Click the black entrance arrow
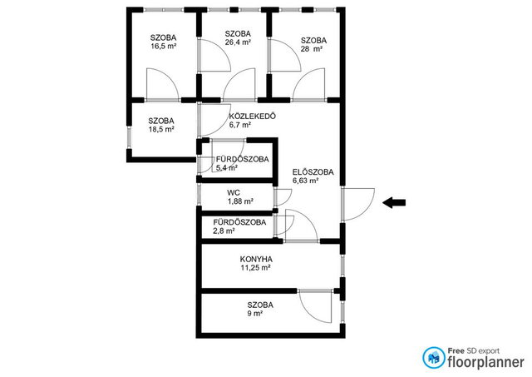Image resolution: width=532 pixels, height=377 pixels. (394, 203)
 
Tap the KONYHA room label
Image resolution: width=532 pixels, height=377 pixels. (256, 260)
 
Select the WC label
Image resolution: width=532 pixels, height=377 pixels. (234, 193)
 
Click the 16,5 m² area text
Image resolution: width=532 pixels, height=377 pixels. (164, 47)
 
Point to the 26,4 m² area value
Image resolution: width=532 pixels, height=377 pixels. (238, 42)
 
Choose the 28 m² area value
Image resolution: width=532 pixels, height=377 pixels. (312, 49)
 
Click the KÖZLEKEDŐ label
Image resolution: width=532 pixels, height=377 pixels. (253, 117)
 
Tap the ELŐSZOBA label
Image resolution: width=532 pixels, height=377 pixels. (313, 172)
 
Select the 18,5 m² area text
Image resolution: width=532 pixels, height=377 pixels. (161, 129)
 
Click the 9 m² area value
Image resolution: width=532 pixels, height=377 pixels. (255, 314)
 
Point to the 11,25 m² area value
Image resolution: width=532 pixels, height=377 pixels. (255, 268)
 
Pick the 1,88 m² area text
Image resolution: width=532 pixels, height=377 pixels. (240, 201)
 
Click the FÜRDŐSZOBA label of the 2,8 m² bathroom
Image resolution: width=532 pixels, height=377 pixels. (239, 223)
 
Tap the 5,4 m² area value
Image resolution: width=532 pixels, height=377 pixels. (226, 168)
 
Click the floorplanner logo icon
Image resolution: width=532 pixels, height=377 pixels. (434, 358)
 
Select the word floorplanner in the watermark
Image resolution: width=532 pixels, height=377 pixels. (485, 362)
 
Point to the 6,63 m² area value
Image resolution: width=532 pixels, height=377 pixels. (305, 181)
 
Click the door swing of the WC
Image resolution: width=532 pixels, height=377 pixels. (283, 197)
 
